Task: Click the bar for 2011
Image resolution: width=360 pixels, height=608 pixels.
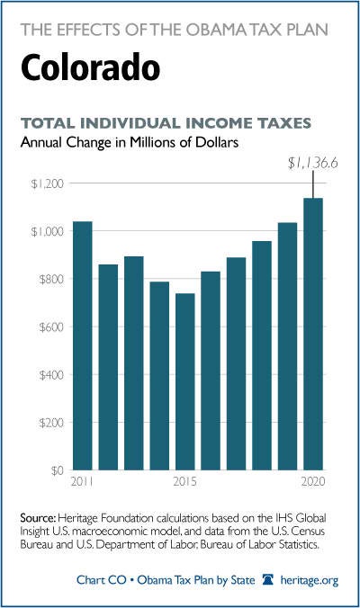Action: pyautogui.click(x=83, y=345)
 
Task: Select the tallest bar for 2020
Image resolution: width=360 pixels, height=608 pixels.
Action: pyautogui.click(x=313, y=334)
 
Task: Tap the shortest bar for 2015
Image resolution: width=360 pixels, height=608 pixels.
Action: pyautogui.click(x=185, y=381)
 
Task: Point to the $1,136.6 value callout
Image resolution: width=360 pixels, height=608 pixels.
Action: pyautogui.click(x=312, y=164)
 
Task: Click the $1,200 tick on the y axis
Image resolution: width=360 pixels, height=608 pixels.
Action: pyautogui.click(x=47, y=183)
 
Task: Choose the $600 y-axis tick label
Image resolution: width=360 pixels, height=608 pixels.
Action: pyautogui.click(x=51, y=326)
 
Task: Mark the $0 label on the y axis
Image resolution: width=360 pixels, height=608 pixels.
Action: pyautogui.click(x=57, y=470)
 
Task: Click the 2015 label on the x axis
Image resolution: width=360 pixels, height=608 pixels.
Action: pyautogui.click(x=184, y=481)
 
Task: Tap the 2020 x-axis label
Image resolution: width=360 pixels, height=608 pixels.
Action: pyautogui.click(x=313, y=481)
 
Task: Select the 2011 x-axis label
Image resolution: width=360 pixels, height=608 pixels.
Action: pyautogui.click(x=82, y=481)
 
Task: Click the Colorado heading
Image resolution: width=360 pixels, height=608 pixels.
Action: pyautogui.click(x=90, y=67)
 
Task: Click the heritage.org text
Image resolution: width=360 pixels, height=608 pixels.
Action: pyautogui.click(x=310, y=580)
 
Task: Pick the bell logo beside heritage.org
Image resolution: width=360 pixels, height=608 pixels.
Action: pyautogui.click(x=267, y=580)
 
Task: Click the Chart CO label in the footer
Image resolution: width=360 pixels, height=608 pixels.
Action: pyautogui.click(x=102, y=580)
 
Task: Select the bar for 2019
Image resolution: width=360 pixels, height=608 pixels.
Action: pyautogui.click(x=287, y=346)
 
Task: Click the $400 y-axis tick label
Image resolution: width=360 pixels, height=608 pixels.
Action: pyautogui.click(x=51, y=375)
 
